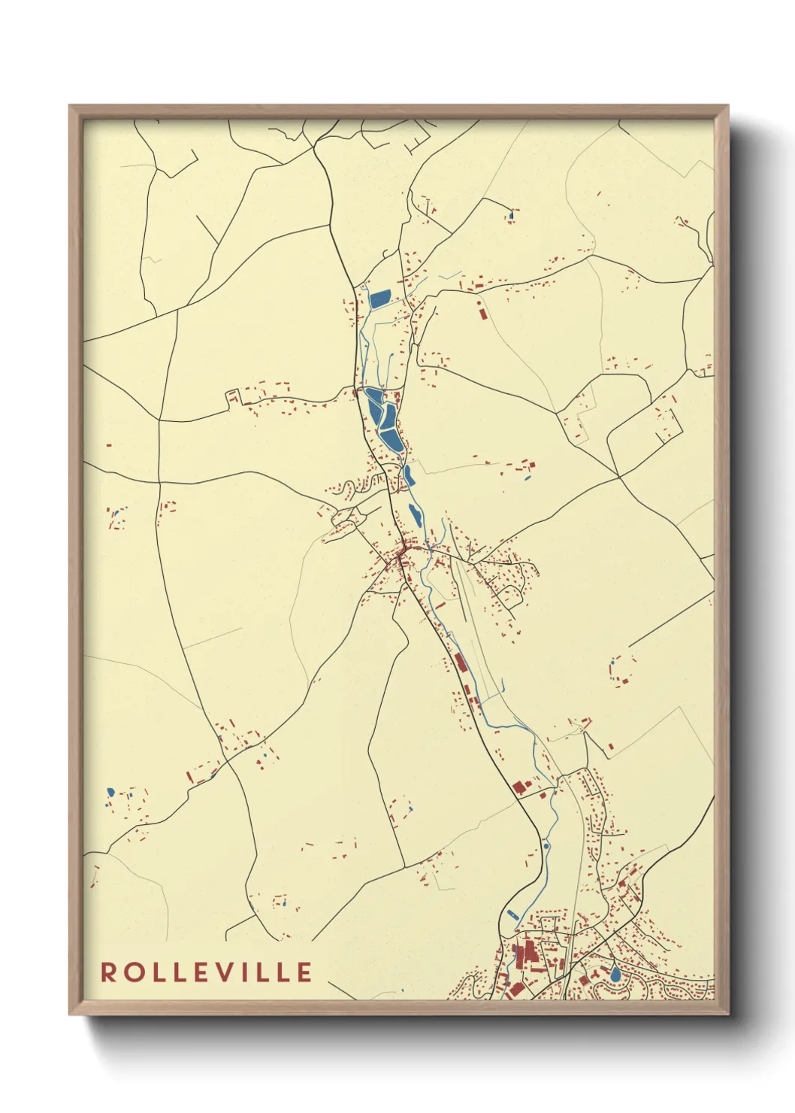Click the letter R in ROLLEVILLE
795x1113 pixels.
[109, 972]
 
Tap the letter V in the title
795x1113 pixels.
[231, 972]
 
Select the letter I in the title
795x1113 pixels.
[251, 972]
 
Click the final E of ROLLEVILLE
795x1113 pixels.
[304, 972]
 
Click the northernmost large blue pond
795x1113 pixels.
[380, 299]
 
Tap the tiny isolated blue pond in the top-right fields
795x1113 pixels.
[512, 216]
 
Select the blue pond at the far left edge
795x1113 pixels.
[110, 792]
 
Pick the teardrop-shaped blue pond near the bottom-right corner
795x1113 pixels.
[615, 973]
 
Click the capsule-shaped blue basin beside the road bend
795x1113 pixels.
[512, 914]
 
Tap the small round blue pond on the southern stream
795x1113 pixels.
[546, 845]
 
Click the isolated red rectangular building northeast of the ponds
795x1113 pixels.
[482, 311]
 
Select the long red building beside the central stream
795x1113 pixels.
[459, 663]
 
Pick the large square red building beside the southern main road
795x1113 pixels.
[519, 787]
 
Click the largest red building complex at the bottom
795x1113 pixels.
[525, 955]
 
